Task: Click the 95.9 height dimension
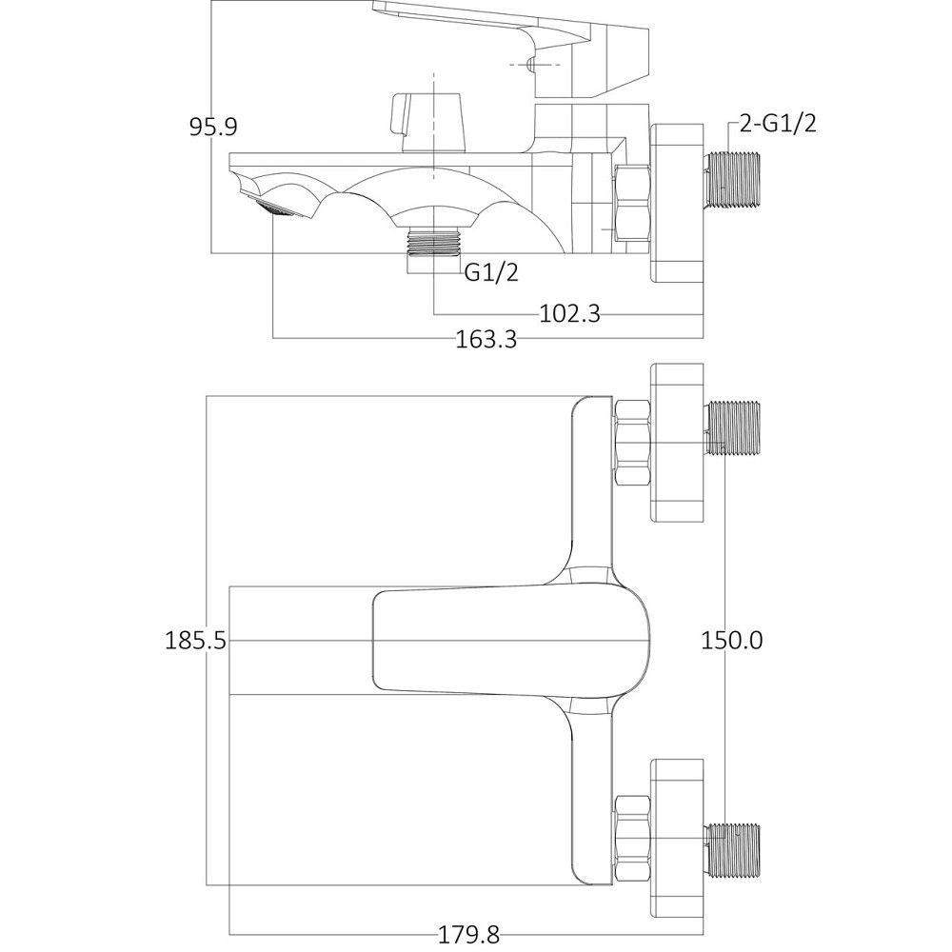213,127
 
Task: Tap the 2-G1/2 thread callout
778,123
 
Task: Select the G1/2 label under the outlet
491,272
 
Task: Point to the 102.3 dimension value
569,314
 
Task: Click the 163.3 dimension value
486,339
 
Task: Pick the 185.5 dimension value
195,641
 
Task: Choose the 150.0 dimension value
731,641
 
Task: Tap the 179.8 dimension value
468,935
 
